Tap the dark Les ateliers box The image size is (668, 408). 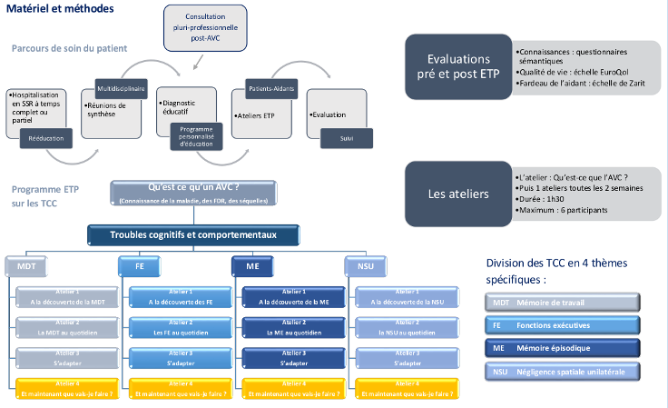458,193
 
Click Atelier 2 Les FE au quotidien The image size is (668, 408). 172,328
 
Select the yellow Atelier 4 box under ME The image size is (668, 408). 287,389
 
